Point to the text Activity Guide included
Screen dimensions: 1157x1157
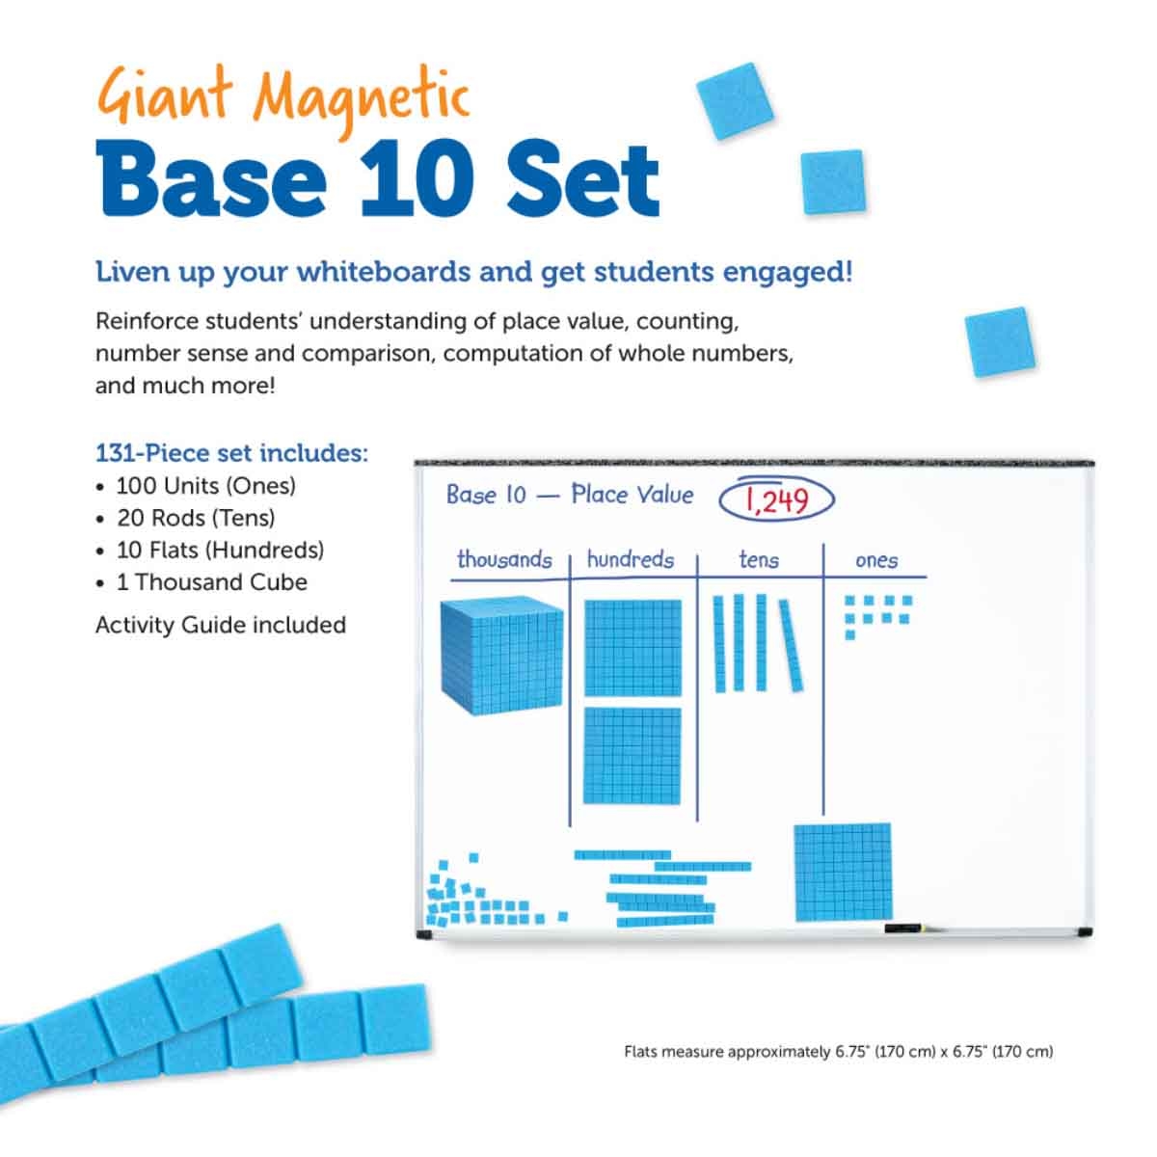(220, 625)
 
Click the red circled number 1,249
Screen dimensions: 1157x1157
(776, 499)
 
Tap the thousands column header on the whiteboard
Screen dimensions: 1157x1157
(504, 560)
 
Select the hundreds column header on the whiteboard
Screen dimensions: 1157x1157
(630, 560)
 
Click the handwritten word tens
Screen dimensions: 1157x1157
(759, 560)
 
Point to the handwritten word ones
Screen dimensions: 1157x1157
(876, 561)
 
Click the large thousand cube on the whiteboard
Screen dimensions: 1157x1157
(501, 656)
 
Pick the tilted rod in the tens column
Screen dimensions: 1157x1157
(791, 644)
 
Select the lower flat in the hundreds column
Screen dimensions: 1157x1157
(632, 757)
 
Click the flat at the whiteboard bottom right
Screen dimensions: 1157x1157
(843, 872)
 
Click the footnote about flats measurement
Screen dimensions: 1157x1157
(838, 1051)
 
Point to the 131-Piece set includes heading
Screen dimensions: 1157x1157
(231, 453)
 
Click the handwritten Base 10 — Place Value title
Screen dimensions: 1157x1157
(569, 496)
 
